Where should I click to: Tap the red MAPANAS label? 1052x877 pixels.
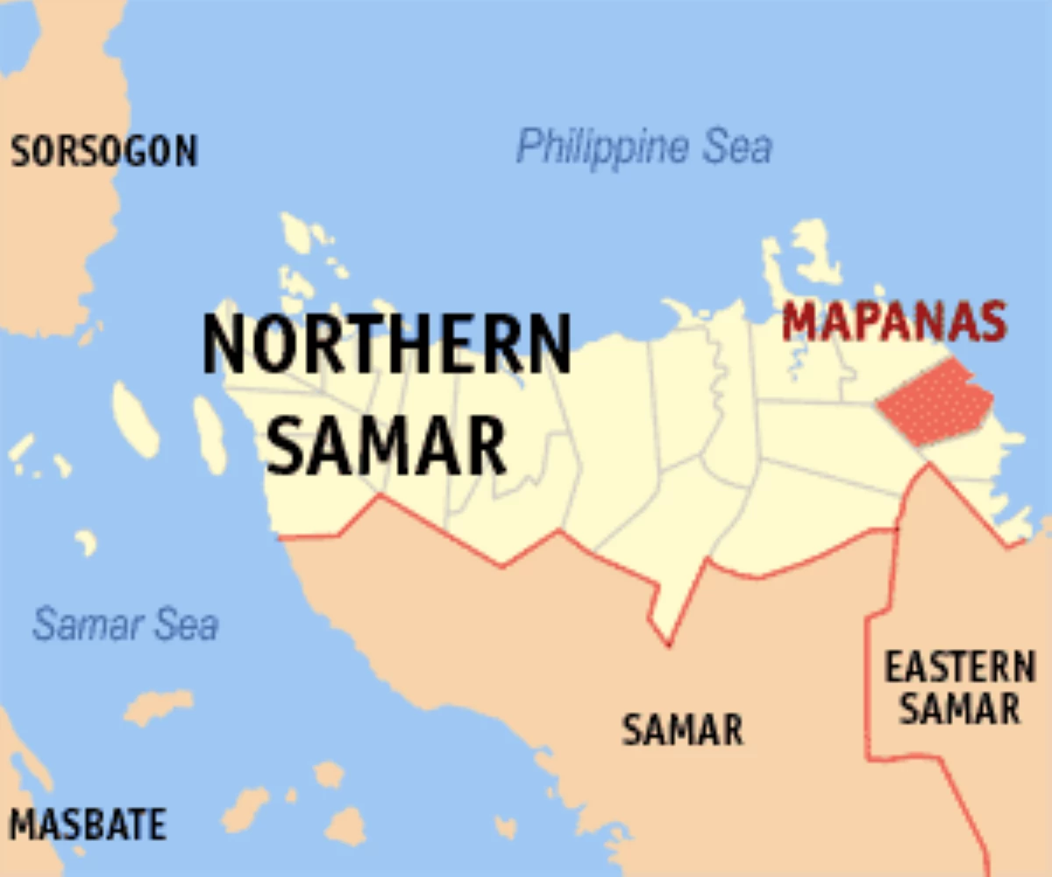[x=893, y=321]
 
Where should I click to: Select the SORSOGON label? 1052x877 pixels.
[x=103, y=152]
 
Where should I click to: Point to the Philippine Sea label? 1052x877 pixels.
[x=643, y=146]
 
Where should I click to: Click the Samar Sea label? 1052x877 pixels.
[x=125, y=624]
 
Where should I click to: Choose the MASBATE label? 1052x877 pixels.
[x=87, y=825]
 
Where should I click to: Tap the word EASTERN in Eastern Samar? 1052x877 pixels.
[x=959, y=668]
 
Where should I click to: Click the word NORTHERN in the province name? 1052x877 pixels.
[x=387, y=343]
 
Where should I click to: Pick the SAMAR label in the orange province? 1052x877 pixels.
[x=682, y=730]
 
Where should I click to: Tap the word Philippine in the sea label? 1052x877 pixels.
[x=602, y=146]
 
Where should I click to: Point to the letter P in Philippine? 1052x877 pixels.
[x=527, y=146]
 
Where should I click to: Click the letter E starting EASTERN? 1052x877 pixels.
[x=892, y=668]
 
